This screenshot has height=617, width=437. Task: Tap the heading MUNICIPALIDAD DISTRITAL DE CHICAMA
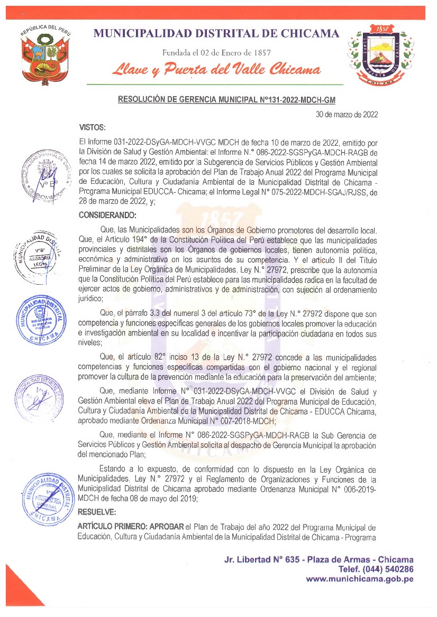pyautogui.click(x=216, y=34)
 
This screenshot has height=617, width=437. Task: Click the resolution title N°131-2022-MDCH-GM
pyautogui.click(x=226, y=99)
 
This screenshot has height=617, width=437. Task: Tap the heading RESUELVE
pyautogui.click(x=96, y=512)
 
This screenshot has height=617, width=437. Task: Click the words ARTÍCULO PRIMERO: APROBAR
pyautogui.click(x=130, y=528)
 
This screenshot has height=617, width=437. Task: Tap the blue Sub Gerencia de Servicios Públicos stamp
pyautogui.click(x=42, y=319)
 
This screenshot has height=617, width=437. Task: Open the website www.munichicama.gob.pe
pyautogui.click(x=360, y=579)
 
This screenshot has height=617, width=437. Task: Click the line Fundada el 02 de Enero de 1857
pyautogui.click(x=216, y=52)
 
